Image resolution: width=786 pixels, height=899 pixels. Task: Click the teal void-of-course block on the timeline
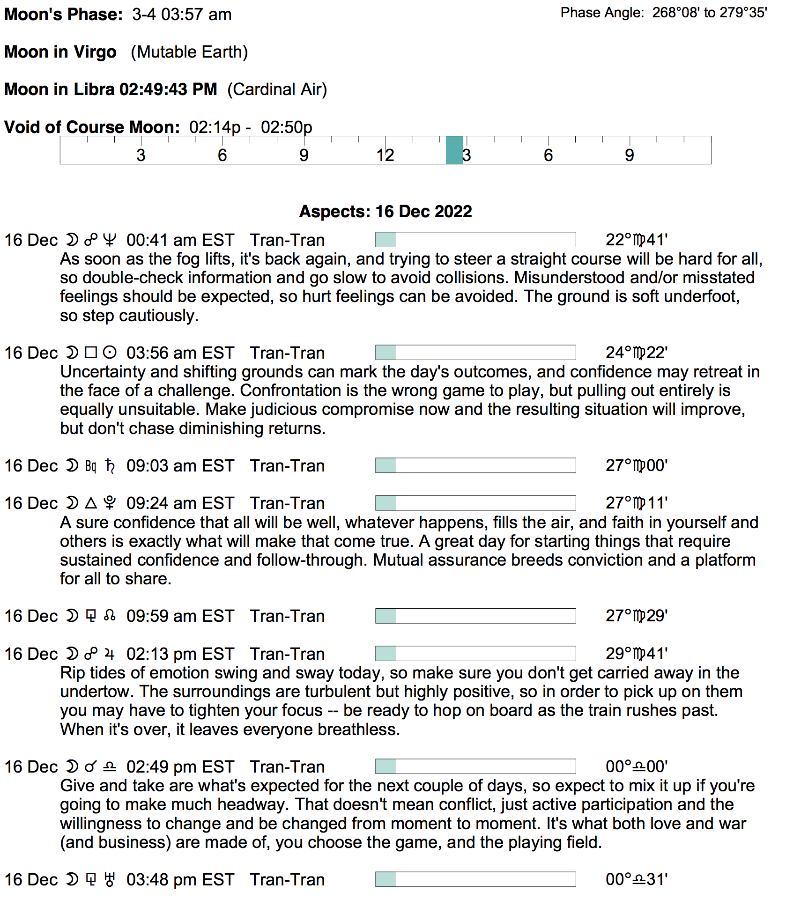coord(454,150)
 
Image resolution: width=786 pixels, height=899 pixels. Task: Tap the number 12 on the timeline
coord(385,155)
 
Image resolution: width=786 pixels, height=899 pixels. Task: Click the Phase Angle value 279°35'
coord(743,13)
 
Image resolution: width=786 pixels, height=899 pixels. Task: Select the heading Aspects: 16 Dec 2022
coord(386,212)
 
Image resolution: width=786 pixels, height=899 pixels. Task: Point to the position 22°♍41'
coord(636,240)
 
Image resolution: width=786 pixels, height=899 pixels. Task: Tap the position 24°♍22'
coord(636,353)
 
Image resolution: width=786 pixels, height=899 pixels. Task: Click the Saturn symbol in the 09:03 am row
coord(110,466)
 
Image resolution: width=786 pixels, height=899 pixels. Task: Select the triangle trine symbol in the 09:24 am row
coord(91,503)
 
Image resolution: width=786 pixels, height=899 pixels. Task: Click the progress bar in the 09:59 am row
coord(475,616)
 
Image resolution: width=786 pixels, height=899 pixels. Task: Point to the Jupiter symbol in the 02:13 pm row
coord(110,654)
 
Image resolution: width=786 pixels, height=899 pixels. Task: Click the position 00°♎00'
coord(636,767)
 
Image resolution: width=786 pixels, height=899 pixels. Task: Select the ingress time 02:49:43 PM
coord(168,89)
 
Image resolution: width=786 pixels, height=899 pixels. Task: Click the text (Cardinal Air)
coord(277,89)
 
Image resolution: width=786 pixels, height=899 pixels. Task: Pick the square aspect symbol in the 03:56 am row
coord(91,353)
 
